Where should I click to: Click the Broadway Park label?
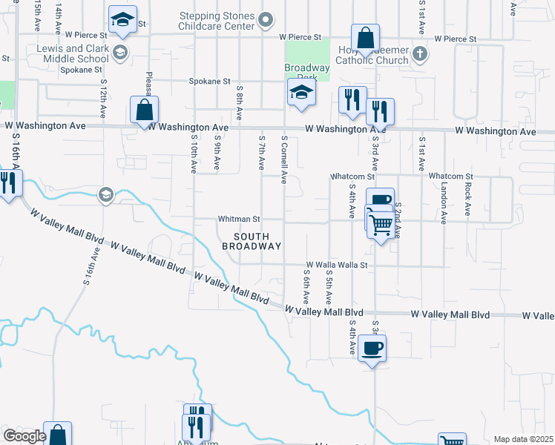point(306,67)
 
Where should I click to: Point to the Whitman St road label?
point(239,220)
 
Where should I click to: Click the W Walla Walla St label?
point(337,265)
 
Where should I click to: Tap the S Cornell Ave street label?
point(283,159)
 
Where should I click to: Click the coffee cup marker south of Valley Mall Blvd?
point(372,347)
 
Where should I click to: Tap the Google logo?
point(24,435)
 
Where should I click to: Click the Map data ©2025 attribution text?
point(523,439)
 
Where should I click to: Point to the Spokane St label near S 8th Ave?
point(210,82)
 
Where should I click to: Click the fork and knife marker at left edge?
point(7,182)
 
